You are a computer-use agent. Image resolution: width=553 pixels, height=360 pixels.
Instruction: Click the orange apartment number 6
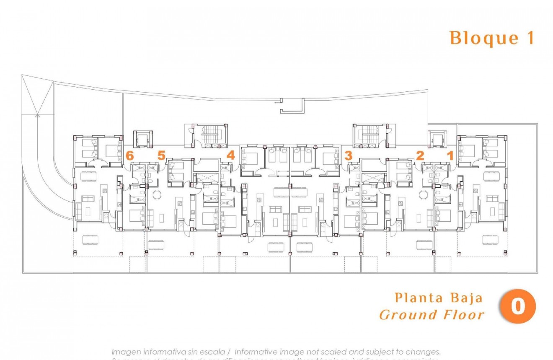pyautogui.click(x=130, y=155)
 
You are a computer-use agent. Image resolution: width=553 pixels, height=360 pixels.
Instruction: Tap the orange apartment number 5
pyautogui.click(x=162, y=155)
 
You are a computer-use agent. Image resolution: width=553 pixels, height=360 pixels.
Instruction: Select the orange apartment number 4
pyautogui.click(x=230, y=155)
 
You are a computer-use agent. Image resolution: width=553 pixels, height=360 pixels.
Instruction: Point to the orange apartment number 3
pyautogui.click(x=348, y=155)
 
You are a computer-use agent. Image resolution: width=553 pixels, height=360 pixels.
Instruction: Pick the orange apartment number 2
pyautogui.click(x=420, y=155)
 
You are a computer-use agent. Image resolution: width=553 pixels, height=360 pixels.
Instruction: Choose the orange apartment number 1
pyautogui.click(x=450, y=155)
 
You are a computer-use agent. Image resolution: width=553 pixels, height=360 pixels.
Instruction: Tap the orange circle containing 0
pyautogui.click(x=518, y=306)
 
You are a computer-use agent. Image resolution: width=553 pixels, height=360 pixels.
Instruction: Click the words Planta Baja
pyautogui.click(x=439, y=298)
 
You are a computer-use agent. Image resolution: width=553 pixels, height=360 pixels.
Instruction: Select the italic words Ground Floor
pyautogui.click(x=432, y=315)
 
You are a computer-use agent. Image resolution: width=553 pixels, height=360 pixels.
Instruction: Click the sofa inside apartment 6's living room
pyautogui.click(x=78, y=210)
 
